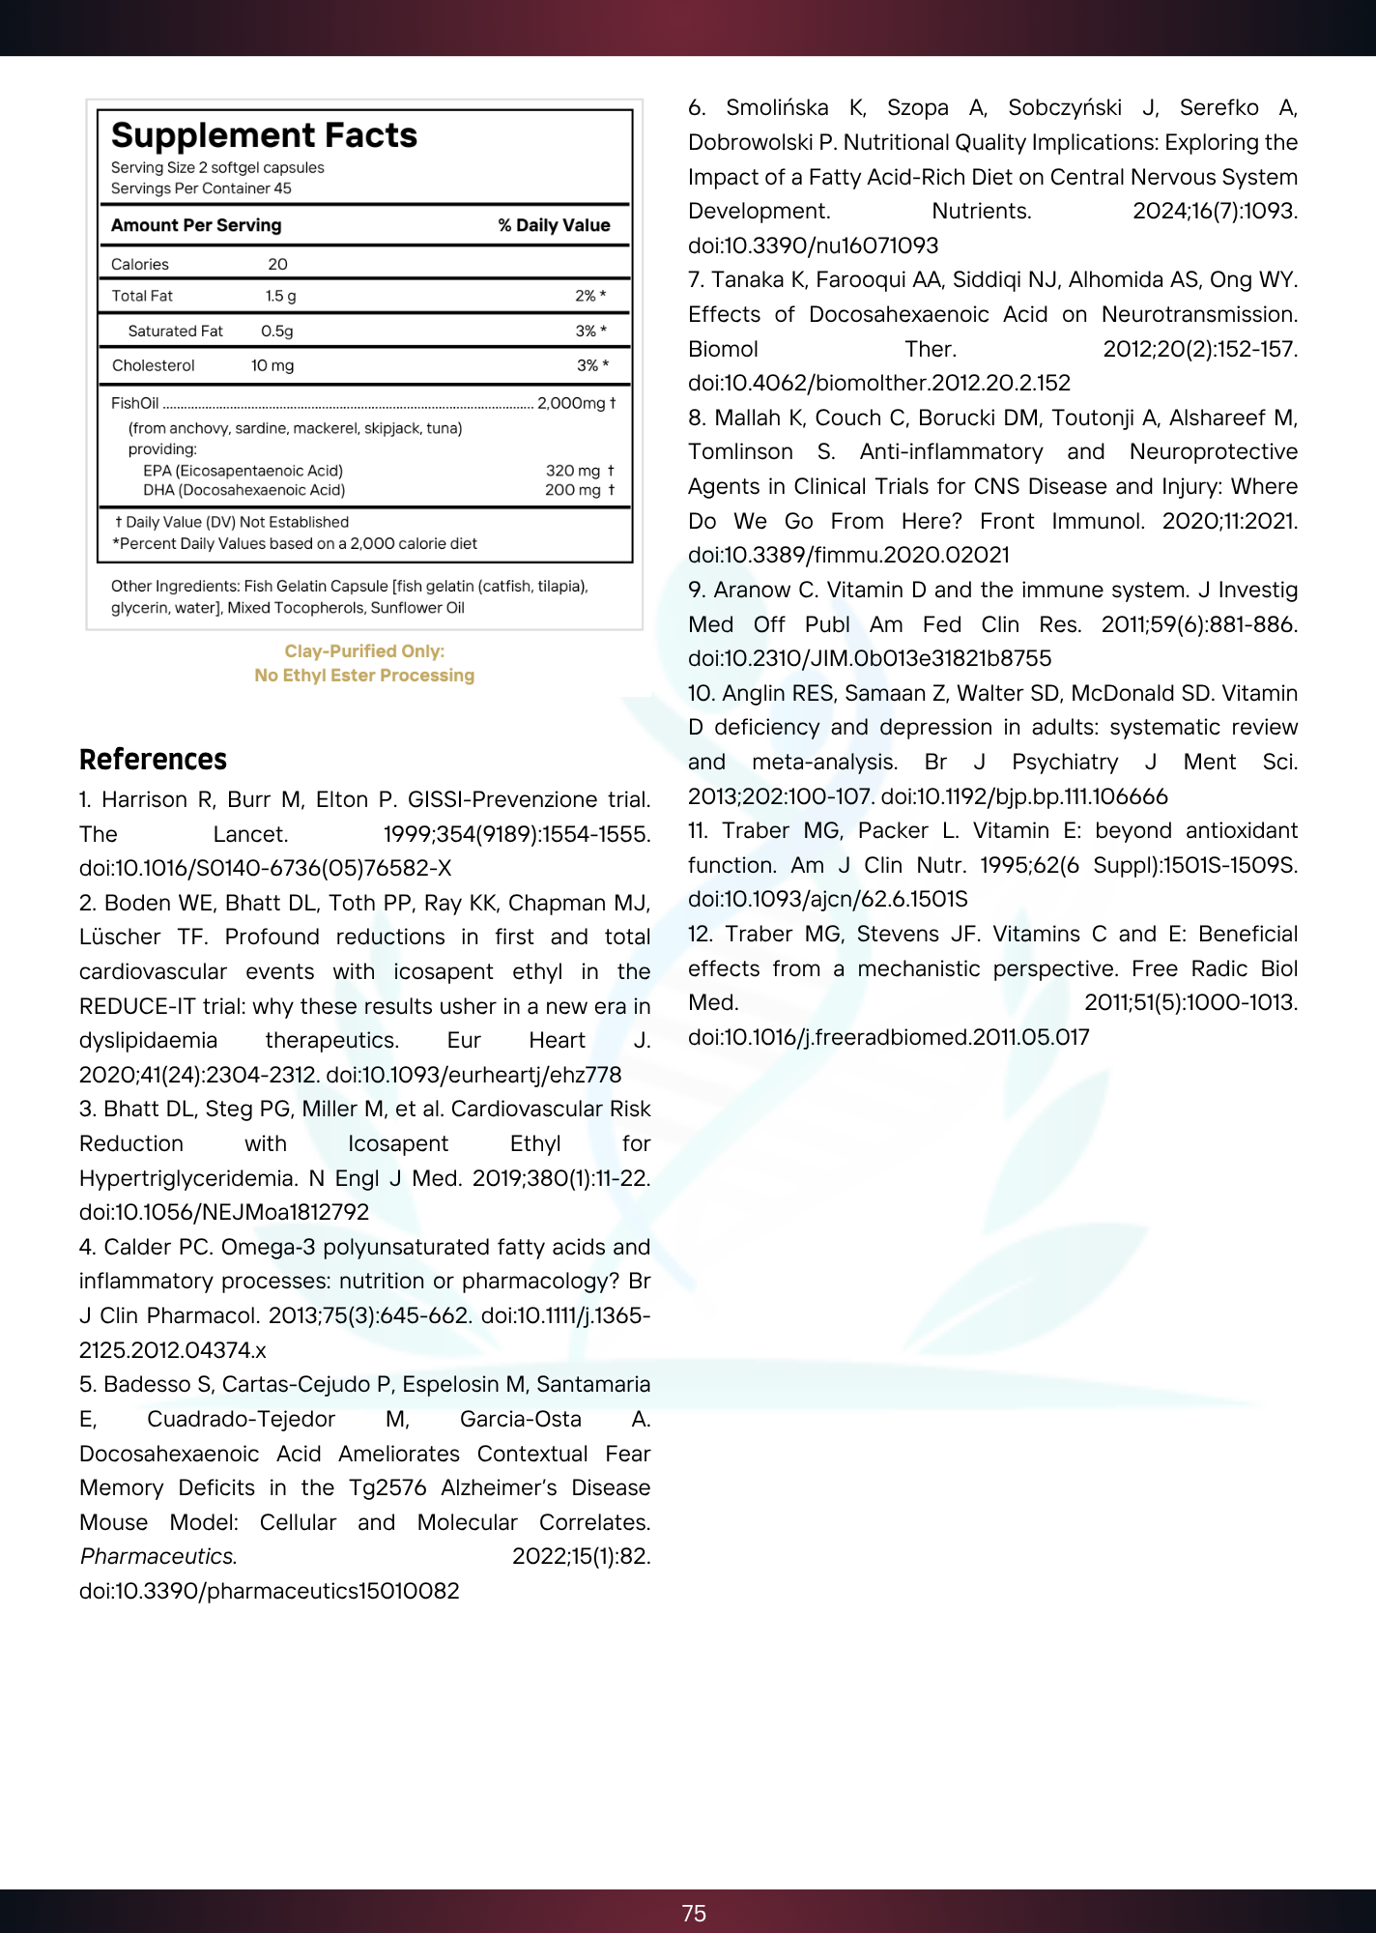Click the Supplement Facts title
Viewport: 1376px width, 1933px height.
[x=264, y=135]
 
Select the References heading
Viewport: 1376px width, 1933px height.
[x=153, y=760]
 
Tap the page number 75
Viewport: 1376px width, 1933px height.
[x=694, y=1913]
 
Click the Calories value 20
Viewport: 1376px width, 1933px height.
[x=277, y=265]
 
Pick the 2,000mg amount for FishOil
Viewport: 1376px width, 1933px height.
[x=571, y=403]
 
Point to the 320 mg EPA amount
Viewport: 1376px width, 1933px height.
[x=573, y=471]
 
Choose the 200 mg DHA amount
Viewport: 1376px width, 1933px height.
[x=573, y=490]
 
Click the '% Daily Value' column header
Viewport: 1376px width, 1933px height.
[x=554, y=225]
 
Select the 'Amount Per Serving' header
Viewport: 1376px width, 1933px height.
[x=196, y=225]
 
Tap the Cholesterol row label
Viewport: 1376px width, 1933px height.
[x=153, y=365]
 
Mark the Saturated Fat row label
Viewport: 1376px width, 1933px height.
[x=175, y=331]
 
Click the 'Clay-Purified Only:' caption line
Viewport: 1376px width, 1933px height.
[x=364, y=651]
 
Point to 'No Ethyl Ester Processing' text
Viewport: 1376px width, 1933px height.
[x=364, y=676]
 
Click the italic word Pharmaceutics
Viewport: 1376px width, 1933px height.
[x=157, y=1556]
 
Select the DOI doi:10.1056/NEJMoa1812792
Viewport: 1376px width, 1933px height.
[x=224, y=1212]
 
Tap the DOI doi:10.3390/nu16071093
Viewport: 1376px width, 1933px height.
[x=814, y=245]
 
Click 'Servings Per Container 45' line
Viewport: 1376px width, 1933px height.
[x=201, y=188]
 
